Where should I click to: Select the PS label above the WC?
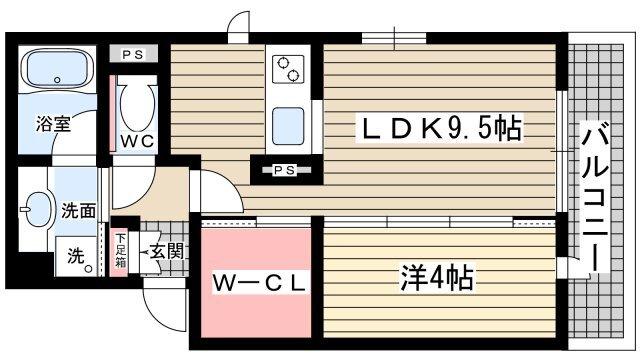[132, 56]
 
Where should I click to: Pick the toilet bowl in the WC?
[136, 104]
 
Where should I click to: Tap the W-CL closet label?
[258, 283]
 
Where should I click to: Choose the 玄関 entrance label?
[166, 252]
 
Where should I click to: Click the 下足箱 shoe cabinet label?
[120, 250]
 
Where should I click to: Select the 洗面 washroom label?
[79, 212]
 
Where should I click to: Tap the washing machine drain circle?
[88, 268]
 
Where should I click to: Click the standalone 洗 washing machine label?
[75, 256]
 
